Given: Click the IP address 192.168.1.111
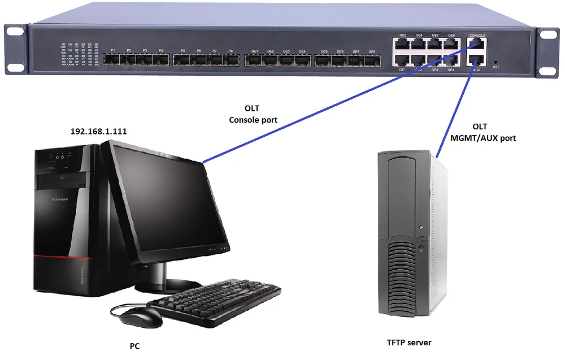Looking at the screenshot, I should [x=98, y=131].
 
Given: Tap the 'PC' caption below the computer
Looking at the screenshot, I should [x=134, y=345].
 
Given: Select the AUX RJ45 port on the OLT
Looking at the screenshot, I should [x=477, y=60].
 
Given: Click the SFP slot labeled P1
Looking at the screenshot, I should [x=114, y=59].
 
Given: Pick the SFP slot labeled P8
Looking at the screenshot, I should [x=231, y=59].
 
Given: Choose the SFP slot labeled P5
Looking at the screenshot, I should [x=182, y=59].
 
